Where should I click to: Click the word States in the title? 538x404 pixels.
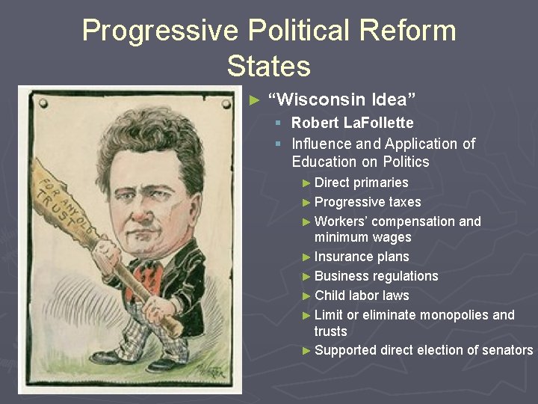point(268,66)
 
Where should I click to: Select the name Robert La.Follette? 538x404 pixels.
point(352,123)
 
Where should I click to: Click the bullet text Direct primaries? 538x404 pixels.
point(361,183)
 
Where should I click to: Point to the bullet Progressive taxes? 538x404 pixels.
point(368,202)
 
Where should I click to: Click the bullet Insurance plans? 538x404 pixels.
point(361,257)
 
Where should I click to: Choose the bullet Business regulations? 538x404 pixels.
point(376,276)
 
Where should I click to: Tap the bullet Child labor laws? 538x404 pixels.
point(361,296)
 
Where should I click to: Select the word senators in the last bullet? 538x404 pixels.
point(507,350)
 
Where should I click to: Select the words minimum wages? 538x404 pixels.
point(362,237)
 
